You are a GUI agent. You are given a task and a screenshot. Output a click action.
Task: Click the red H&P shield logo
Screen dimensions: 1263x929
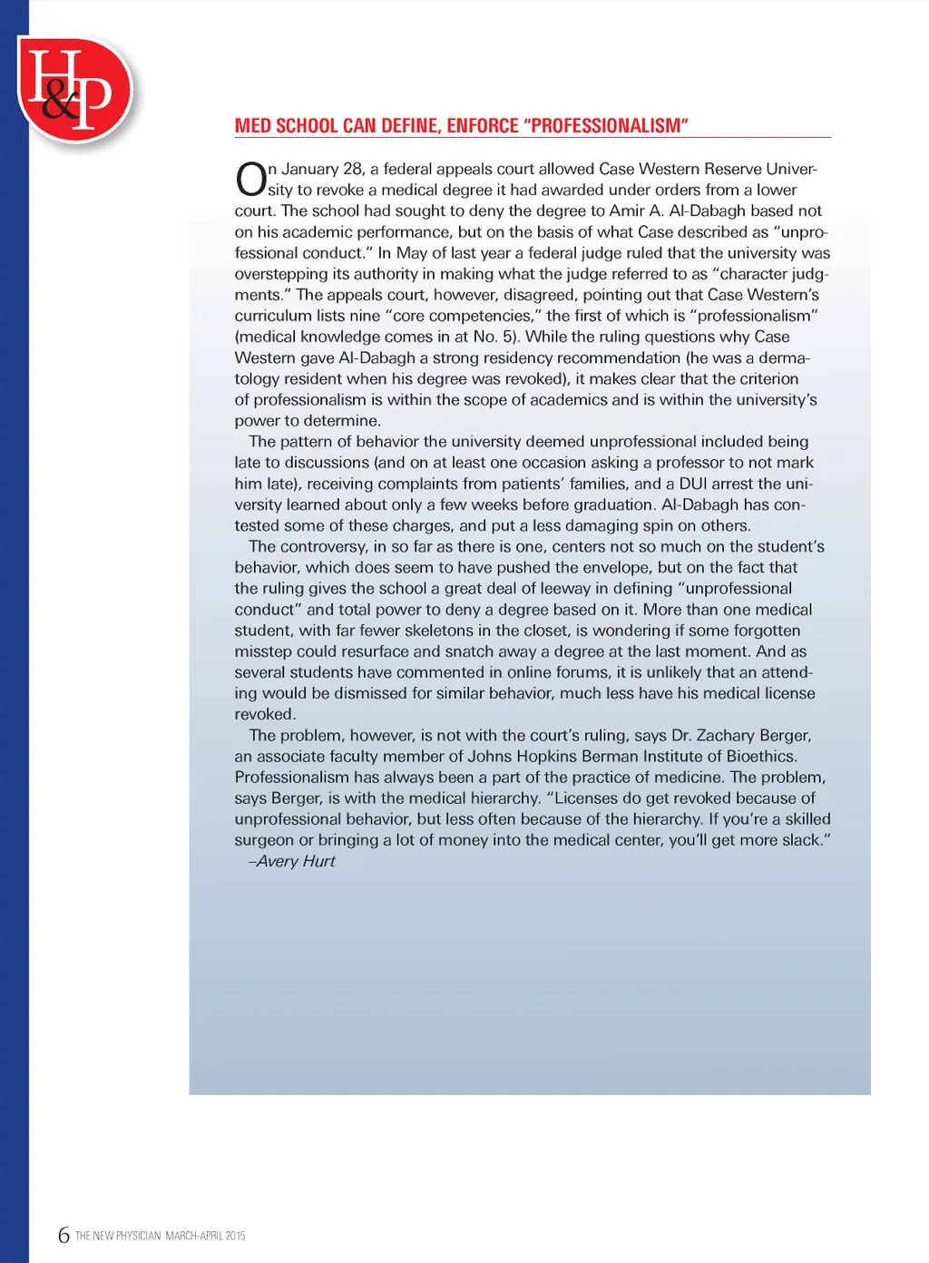(x=76, y=89)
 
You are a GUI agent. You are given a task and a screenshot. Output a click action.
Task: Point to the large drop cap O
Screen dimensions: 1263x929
(x=250, y=179)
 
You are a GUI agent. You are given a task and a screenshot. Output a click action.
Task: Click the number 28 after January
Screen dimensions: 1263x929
(x=353, y=169)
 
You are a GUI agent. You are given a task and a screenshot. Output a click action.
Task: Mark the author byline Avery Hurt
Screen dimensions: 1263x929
(x=295, y=861)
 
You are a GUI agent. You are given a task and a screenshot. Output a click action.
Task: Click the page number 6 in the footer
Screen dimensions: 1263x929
(x=64, y=1235)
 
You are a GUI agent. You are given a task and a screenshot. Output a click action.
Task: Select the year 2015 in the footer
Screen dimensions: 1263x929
(x=235, y=1236)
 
